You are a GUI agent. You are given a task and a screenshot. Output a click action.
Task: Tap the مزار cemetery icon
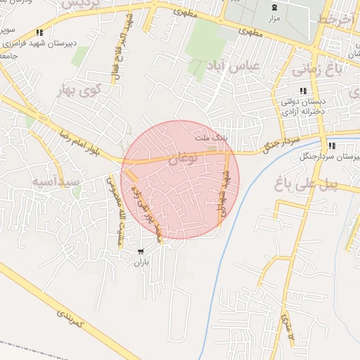274,8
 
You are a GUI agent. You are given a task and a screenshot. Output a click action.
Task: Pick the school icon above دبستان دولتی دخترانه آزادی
303,91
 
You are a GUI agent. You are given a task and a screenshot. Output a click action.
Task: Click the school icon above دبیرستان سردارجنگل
332,146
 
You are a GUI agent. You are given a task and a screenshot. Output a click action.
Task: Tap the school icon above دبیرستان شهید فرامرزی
39,32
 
